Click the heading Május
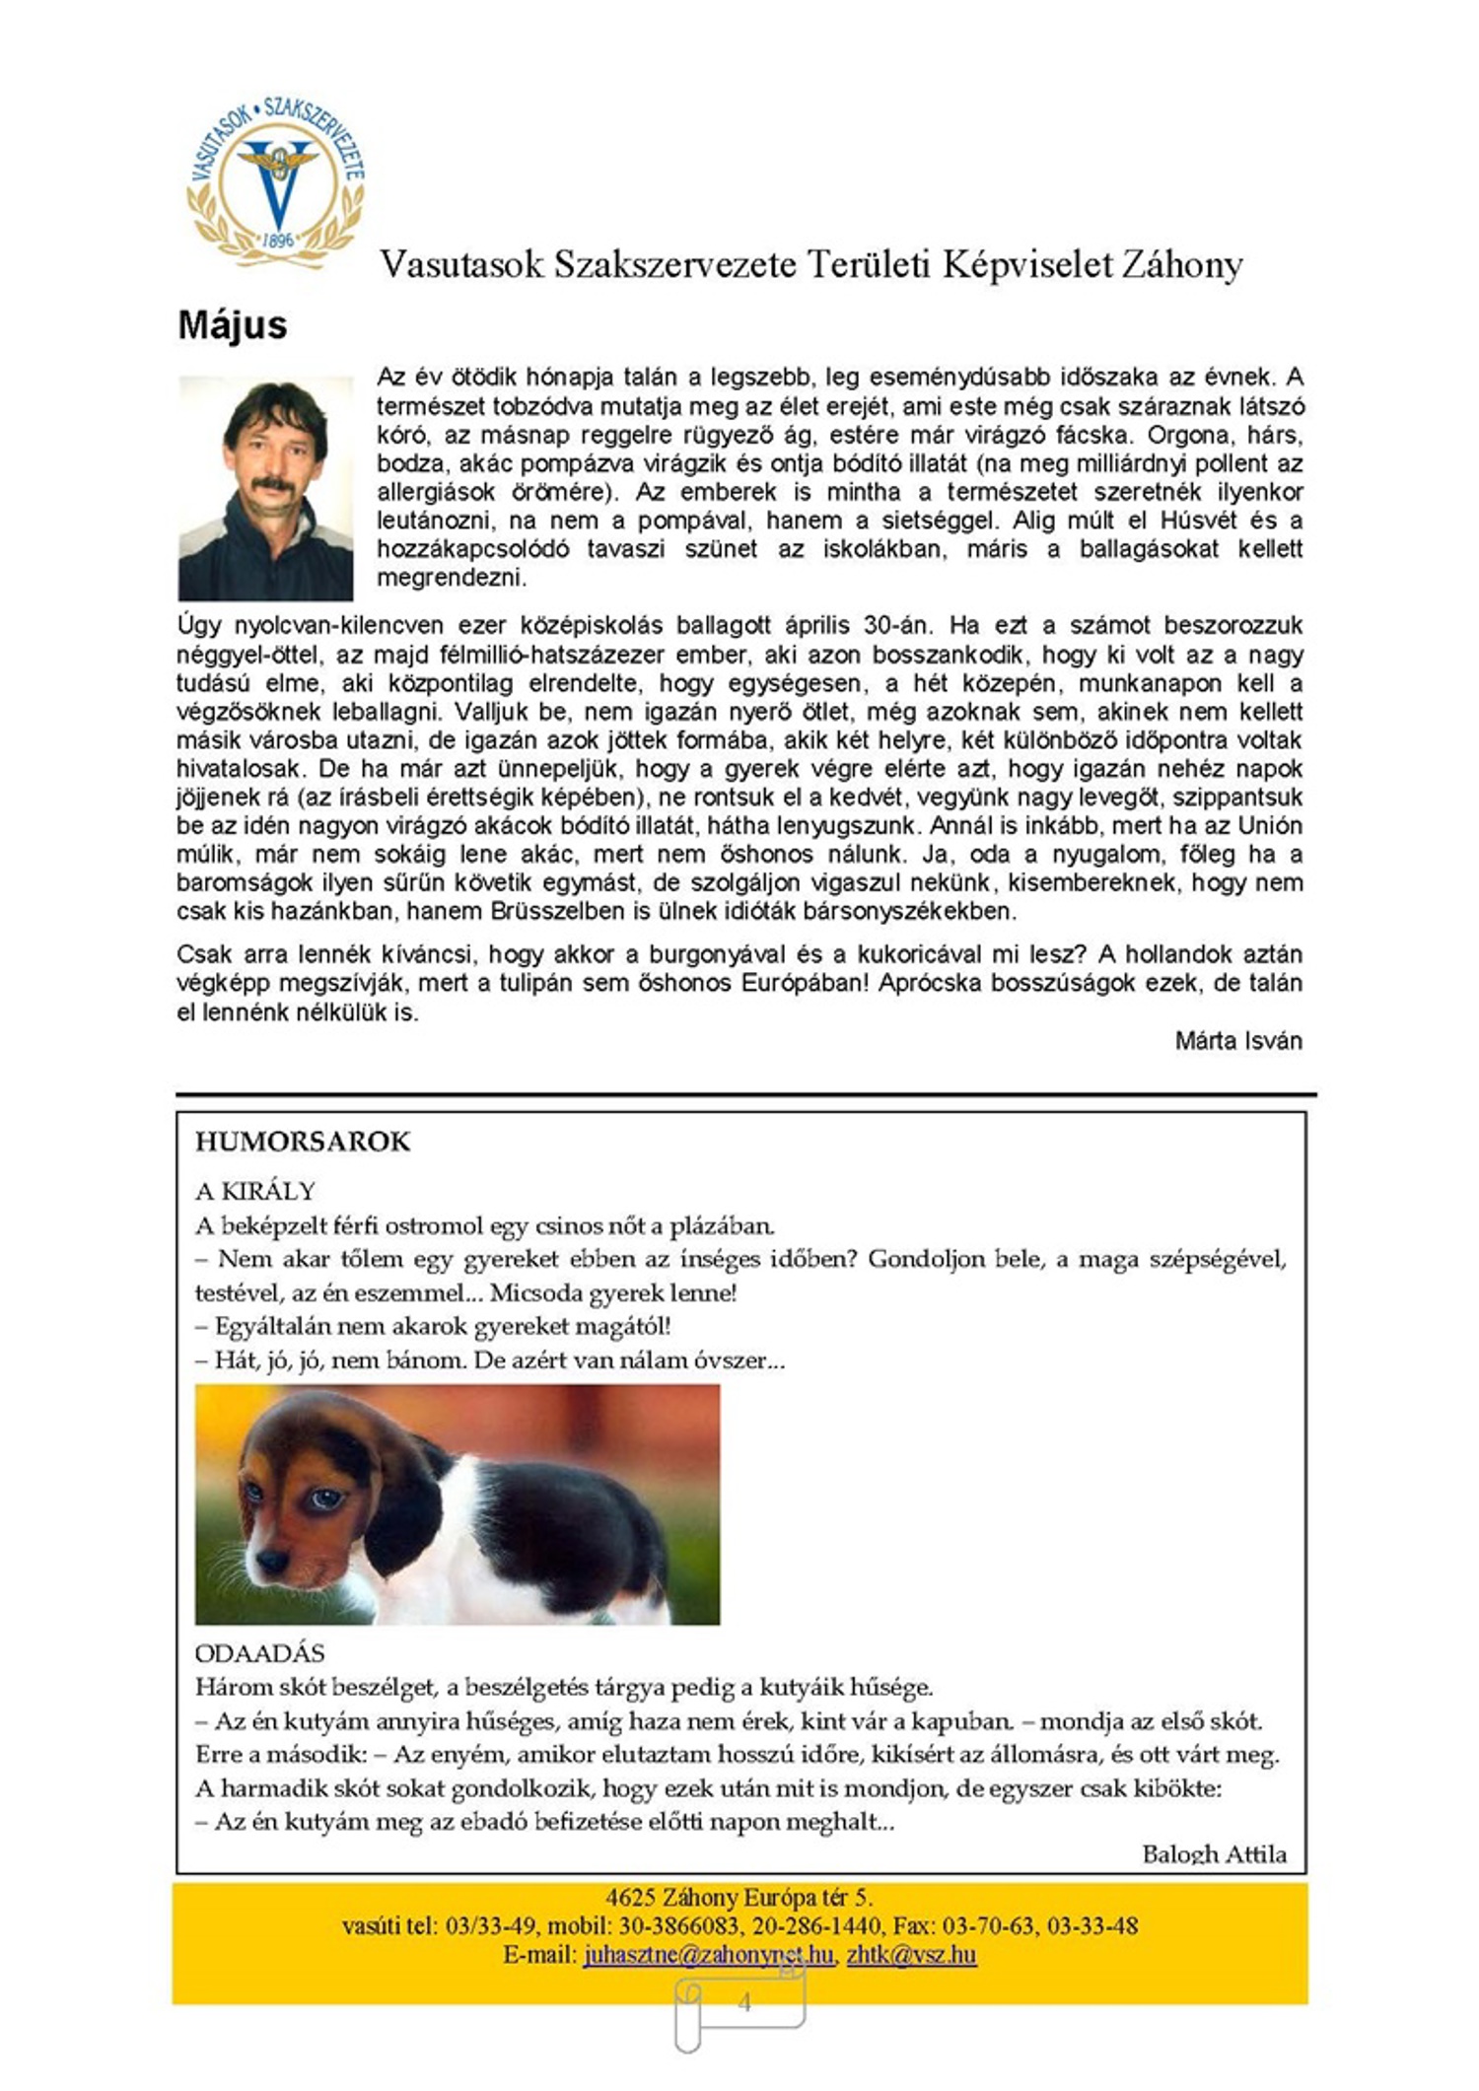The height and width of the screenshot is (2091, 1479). click(x=233, y=325)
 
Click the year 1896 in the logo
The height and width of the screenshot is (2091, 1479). click(x=279, y=240)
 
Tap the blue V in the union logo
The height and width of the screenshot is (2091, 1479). click(x=279, y=187)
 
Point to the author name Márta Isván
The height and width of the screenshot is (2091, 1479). click(x=1238, y=1041)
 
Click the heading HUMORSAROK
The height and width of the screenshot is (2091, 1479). click(x=303, y=1142)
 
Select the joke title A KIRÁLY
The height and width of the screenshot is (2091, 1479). click(x=255, y=1191)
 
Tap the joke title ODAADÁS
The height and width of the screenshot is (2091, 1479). click(x=260, y=1653)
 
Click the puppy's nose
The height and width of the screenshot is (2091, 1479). click(x=269, y=1561)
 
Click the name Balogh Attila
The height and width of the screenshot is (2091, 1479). click(x=1214, y=1854)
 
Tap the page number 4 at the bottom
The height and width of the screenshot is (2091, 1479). click(x=744, y=2002)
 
